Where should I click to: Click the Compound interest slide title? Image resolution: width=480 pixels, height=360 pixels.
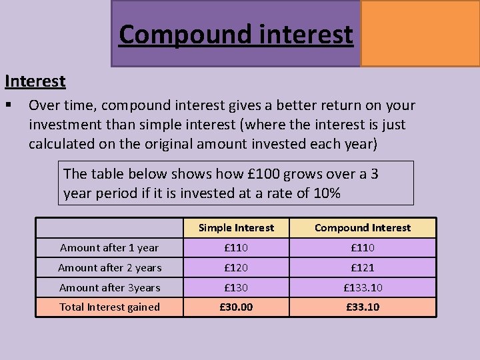[236, 34]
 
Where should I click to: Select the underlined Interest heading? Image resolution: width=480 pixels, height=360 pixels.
[35, 81]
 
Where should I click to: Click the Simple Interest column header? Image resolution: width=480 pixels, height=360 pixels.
[236, 228]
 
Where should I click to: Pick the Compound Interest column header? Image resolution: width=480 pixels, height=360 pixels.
[363, 228]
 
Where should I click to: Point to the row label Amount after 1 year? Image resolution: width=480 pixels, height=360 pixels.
[109, 248]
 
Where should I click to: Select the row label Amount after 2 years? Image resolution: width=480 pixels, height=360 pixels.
[109, 268]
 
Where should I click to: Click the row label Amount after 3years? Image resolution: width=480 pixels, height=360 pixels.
[109, 288]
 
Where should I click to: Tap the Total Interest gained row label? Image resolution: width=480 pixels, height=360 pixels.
[109, 307]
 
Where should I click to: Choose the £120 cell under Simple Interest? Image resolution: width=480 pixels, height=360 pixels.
[236, 268]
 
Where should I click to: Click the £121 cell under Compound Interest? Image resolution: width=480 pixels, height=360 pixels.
[363, 268]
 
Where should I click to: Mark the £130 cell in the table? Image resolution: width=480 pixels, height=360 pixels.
[236, 288]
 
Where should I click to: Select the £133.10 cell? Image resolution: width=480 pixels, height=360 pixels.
[363, 288]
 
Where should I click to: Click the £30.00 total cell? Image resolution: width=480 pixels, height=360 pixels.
[236, 307]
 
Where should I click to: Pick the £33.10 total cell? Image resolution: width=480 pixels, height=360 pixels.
[363, 307]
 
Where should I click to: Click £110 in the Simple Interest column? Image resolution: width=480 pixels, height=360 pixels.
[236, 248]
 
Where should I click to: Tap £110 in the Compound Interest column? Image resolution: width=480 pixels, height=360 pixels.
[363, 248]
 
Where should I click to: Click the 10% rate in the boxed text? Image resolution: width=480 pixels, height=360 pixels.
[327, 193]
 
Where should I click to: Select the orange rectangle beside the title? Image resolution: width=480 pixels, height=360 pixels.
[420, 33]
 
